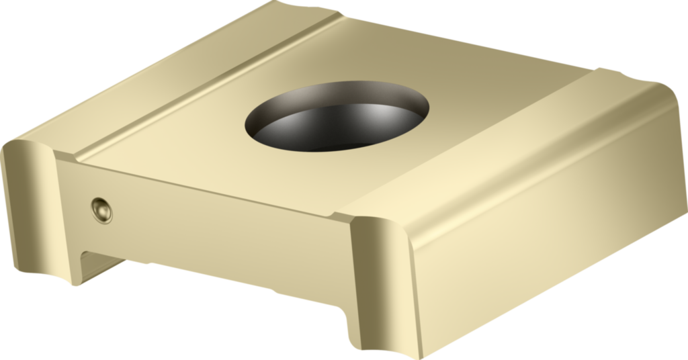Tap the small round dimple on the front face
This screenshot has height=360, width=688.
[x=101, y=211]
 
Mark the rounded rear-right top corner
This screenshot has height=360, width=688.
[x=662, y=91]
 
